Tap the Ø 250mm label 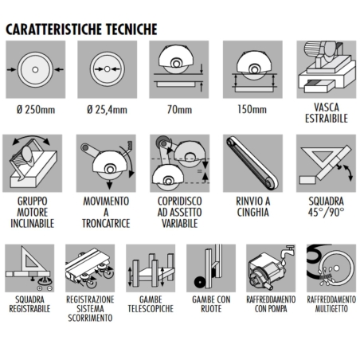[x=33, y=105]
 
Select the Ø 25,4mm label [x=105, y=105]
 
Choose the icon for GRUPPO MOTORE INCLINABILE [x=33, y=162]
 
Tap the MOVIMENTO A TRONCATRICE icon [x=105, y=162]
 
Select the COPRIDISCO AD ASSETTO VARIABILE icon [x=178, y=162]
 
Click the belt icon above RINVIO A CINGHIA [x=250, y=162]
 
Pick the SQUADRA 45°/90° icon [x=323, y=162]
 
